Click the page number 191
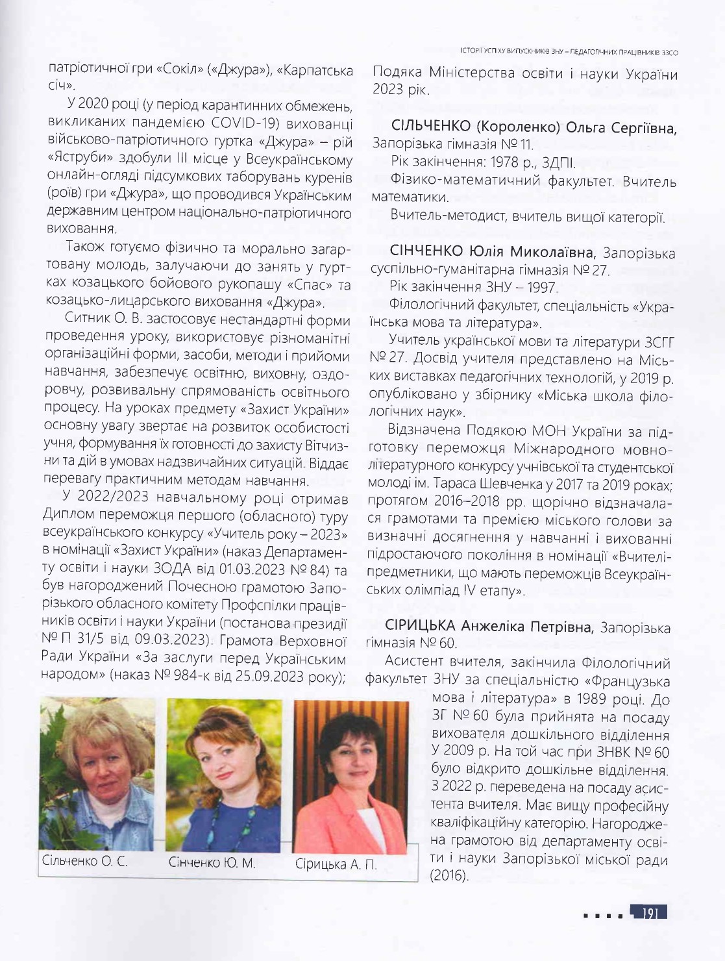(x=650, y=913)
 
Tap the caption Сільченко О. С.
(x=84, y=862)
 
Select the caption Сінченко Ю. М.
(x=212, y=863)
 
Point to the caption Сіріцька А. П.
(x=336, y=865)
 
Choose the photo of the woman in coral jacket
(x=350, y=776)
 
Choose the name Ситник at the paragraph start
(x=87, y=321)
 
